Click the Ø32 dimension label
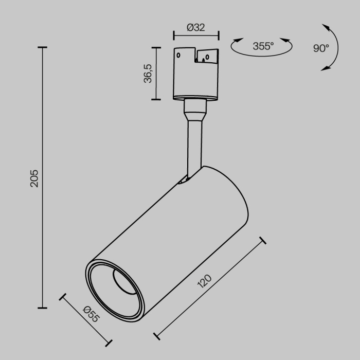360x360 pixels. pyautogui.click(x=196, y=28)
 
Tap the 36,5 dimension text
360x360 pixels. pyautogui.click(x=148, y=74)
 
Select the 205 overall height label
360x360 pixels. pyautogui.click(x=34, y=178)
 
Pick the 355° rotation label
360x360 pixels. pyautogui.click(x=263, y=46)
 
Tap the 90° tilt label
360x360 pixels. pyautogui.click(x=320, y=48)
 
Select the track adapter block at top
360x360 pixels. pyautogui.click(x=196, y=72)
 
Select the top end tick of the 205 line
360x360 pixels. pyautogui.click(x=42, y=47)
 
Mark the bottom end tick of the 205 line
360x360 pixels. pyautogui.click(x=42, y=308)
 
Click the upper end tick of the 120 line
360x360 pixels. pyautogui.click(x=263, y=240)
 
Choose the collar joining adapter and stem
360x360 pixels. pyautogui.click(x=196, y=109)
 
